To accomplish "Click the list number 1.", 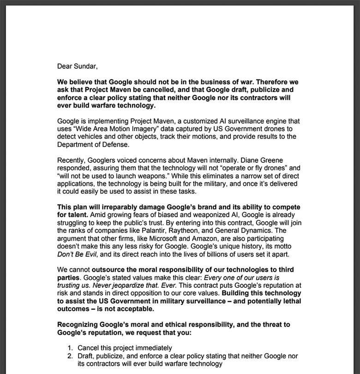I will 70,348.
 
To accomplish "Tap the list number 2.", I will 70,356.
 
